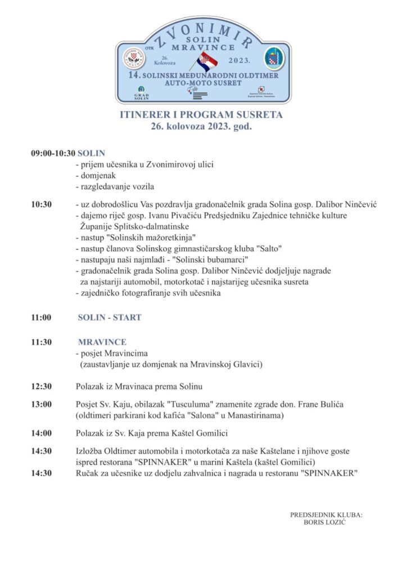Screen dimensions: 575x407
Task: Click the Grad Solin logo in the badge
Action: (141, 93)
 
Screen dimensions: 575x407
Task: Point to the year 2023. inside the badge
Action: (242, 58)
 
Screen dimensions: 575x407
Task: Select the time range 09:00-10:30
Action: (53, 153)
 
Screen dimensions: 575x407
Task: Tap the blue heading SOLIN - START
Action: (110, 317)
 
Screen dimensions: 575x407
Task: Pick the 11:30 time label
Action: (42, 342)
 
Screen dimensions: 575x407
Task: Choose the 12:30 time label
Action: (42, 386)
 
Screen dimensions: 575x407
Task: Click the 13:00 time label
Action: (42, 404)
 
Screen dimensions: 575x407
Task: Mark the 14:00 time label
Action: (42, 433)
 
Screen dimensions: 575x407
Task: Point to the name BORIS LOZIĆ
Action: (325, 522)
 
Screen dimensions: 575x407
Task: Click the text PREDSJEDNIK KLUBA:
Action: (326, 514)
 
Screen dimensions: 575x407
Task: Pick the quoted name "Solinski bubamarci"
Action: (189, 259)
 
